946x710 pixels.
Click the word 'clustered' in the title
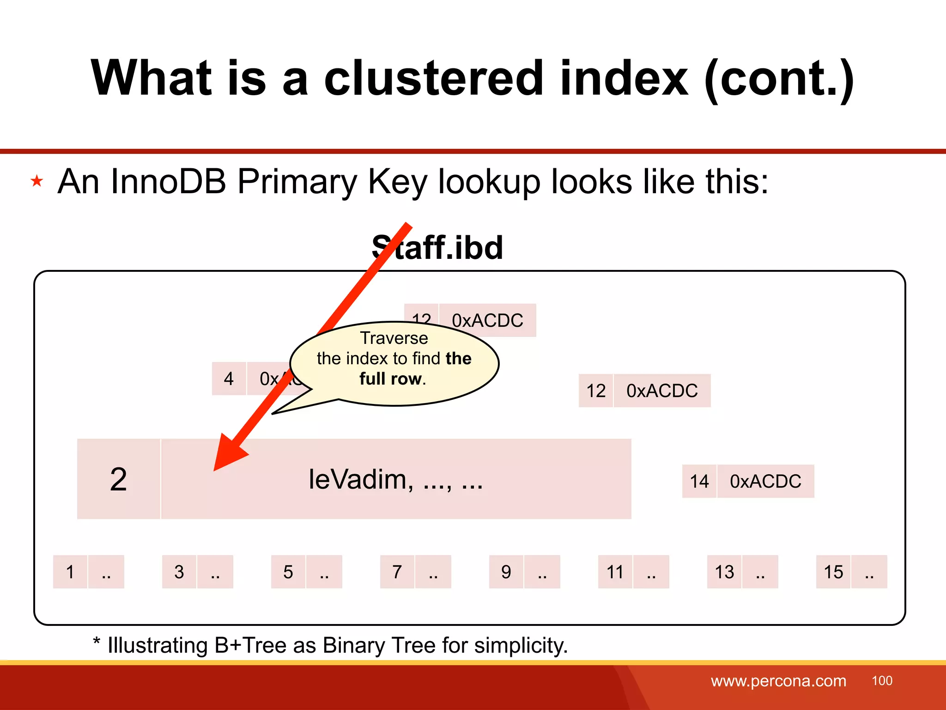(434, 79)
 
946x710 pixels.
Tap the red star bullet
(37, 181)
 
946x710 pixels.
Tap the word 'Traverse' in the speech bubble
(394, 338)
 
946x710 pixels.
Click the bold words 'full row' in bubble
(390, 379)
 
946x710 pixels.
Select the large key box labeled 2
(118, 479)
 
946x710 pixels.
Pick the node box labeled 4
(229, 379)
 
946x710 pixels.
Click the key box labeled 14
(699, 481)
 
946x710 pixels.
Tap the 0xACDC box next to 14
(765, 481)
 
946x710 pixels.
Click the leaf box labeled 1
(70, 572)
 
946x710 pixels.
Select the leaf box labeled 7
(397, 572)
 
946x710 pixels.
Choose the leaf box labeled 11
(615, 572)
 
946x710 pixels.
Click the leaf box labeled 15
(833, 572)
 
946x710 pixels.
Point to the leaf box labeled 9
(506, 572)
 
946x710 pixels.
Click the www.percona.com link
(778, 681)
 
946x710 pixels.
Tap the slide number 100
(882, 680)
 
